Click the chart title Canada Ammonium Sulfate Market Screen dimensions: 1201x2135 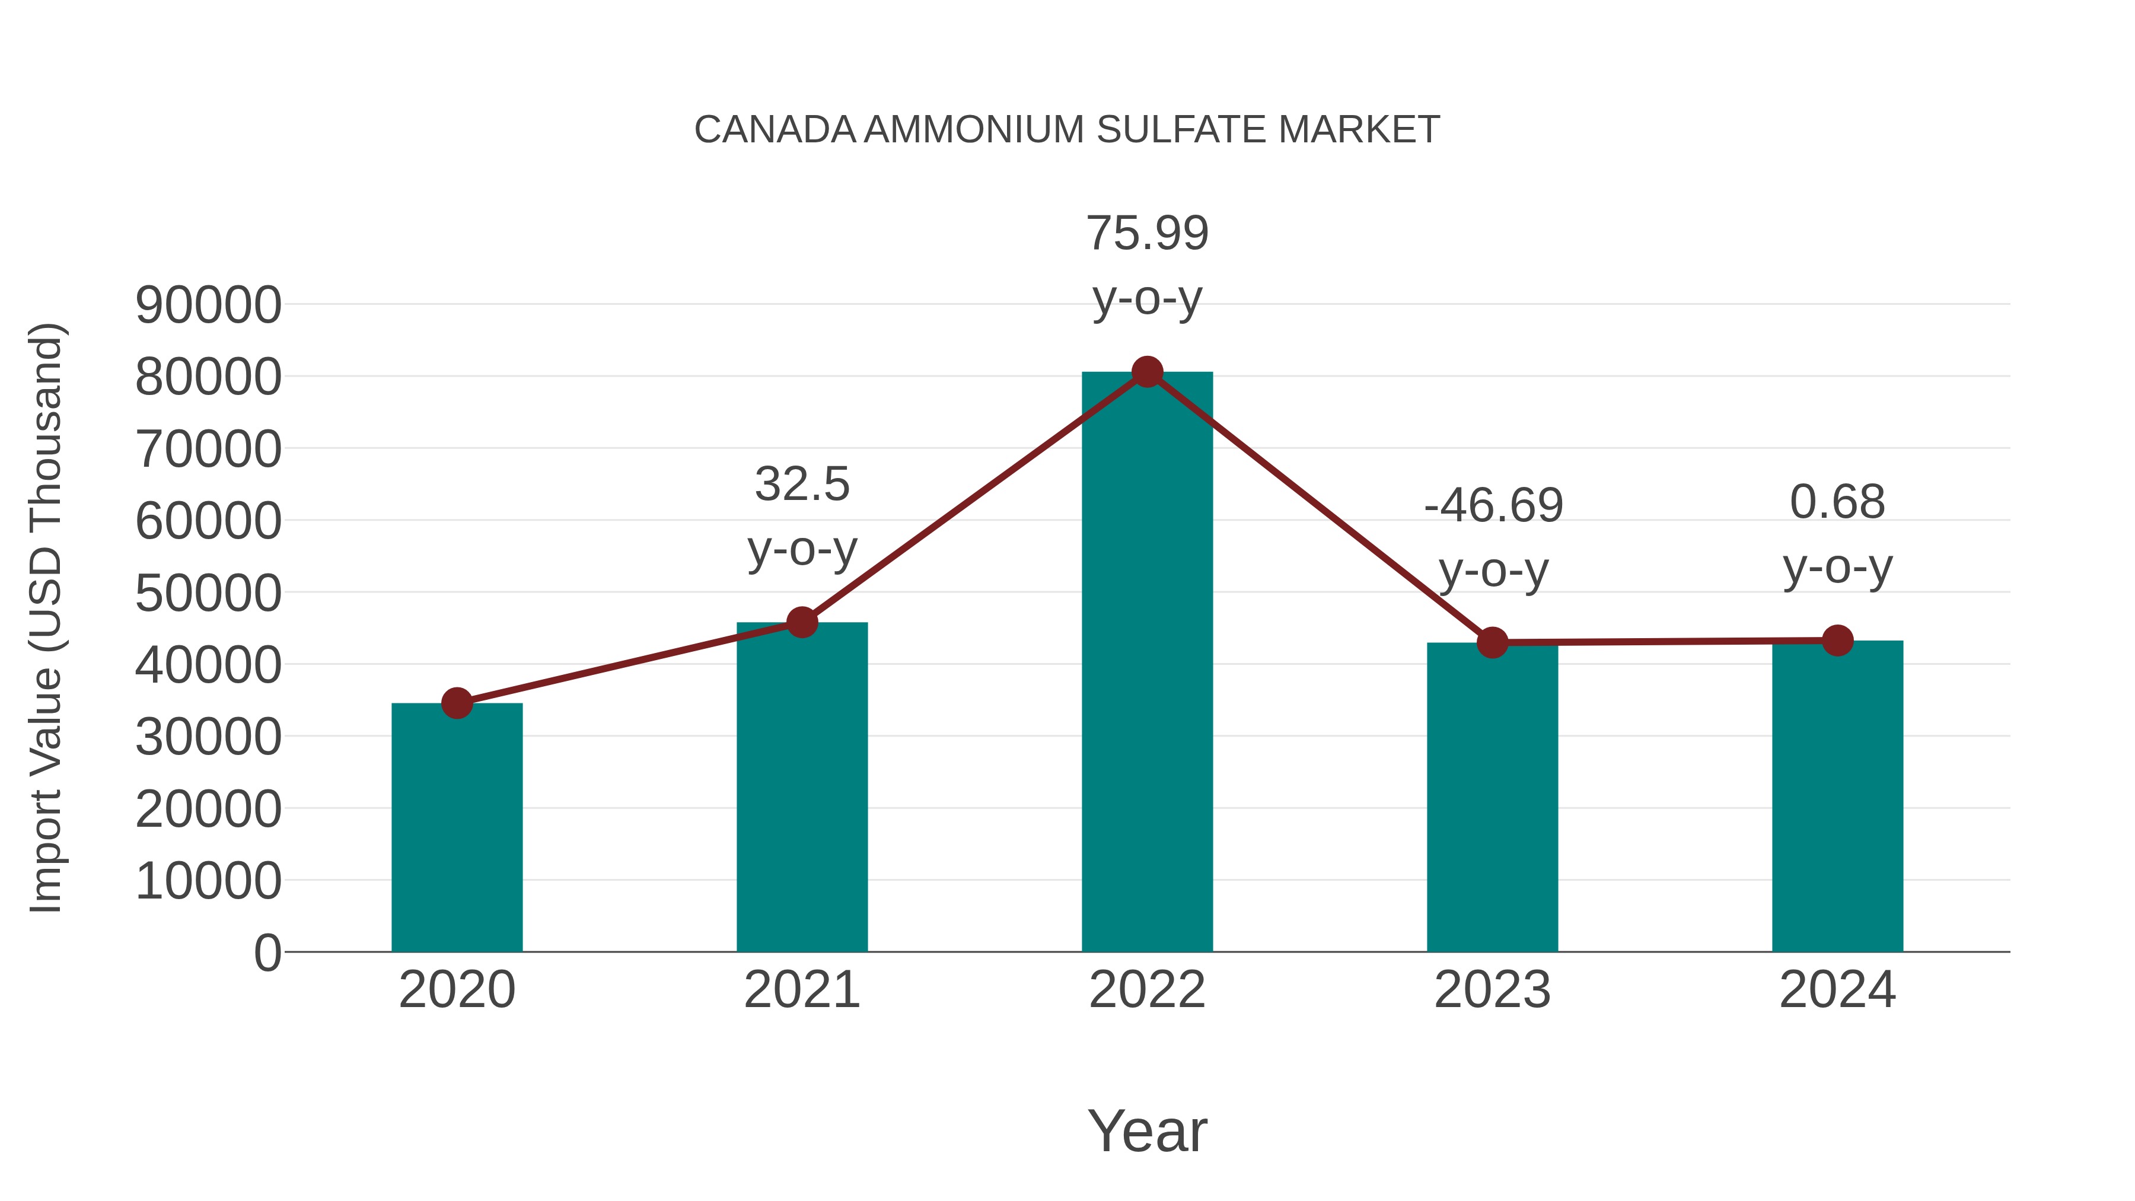tap(1067, 130)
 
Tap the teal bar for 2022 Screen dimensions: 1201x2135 tap(1147, 663)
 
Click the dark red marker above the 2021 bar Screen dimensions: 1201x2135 tap(801, 622)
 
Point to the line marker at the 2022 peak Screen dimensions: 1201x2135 tap(1147, 372)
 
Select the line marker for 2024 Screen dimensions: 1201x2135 tap(1837, 640)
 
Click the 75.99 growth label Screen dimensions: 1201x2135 tap(1147, 233)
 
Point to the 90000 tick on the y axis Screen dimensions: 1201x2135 tap(208, 304)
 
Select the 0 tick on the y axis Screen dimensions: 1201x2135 tap(267, 952)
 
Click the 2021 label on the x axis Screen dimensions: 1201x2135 tap(801, 990)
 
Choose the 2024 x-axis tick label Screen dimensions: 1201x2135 tap(1837, 990)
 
